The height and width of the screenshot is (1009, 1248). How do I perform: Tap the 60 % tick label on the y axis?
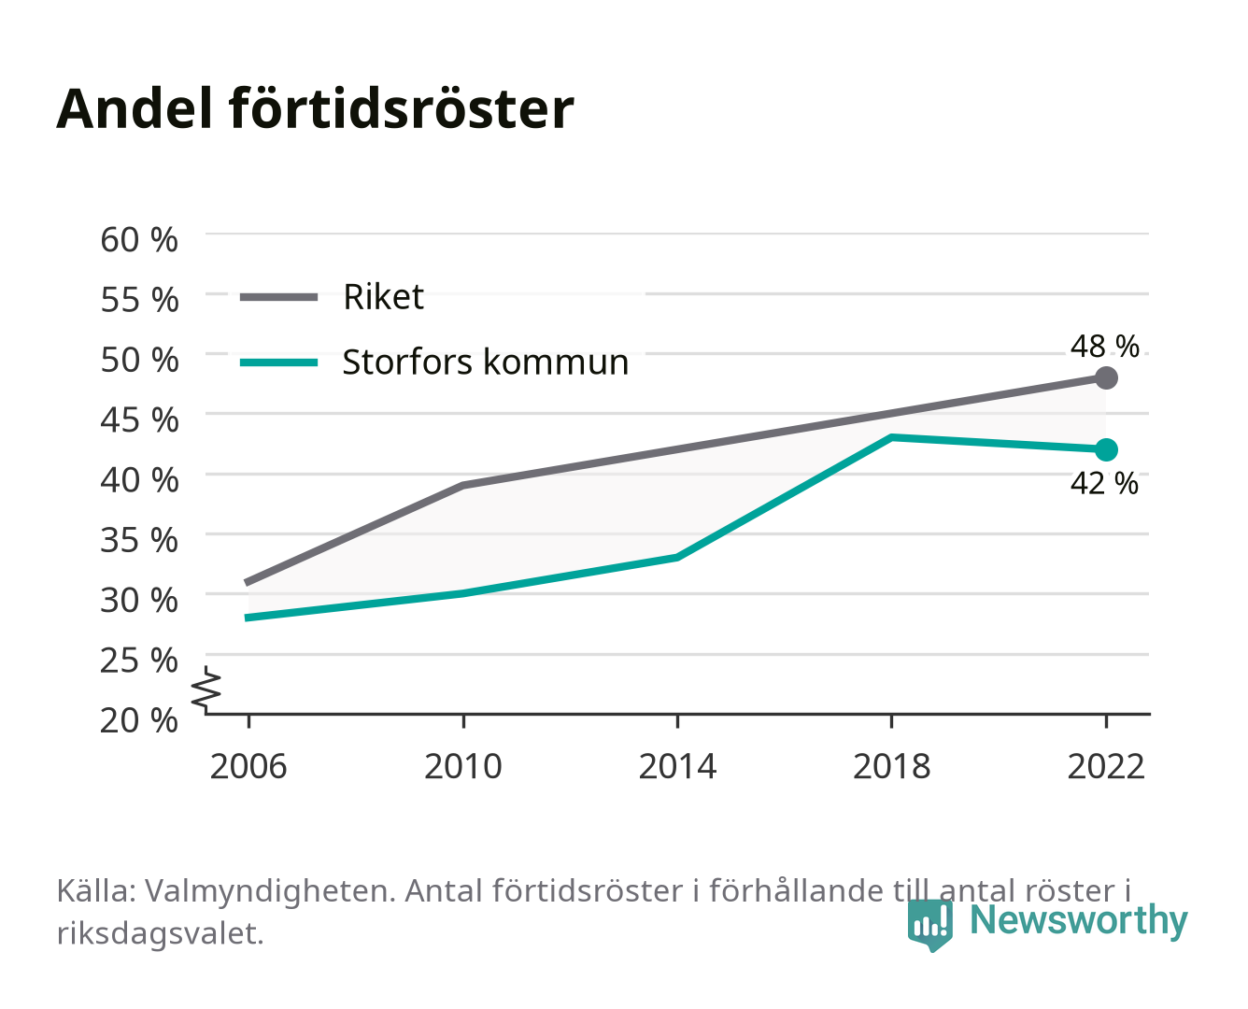(x=139, y=240)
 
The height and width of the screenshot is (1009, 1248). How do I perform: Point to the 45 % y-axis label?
(x=139, y=419)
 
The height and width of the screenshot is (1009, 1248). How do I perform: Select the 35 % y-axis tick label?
(x=139, y=540)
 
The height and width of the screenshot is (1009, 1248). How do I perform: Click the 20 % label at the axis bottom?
(x=139, y=720)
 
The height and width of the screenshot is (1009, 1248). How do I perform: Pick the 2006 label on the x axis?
(x=248, y=766)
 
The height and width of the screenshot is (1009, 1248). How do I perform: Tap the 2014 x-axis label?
(x=677, y=766)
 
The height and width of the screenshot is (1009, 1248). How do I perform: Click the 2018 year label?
(x=892, y=766)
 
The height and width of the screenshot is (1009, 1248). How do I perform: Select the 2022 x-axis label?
(x=1106, y=766)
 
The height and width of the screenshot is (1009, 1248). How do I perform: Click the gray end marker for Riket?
(x=1106, y=377)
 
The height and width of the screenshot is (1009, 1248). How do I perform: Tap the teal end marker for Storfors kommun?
(x=1106, y=449)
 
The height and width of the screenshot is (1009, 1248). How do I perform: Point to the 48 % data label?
(x=1104, y=346)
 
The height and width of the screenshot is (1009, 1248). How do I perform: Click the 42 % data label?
(x=1104, y=483)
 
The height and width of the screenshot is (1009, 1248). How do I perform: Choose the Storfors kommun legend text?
(x=486, y=362)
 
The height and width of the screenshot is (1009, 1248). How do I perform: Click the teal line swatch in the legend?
(x=279, y=362)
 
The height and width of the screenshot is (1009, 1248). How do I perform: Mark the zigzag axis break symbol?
(x=206, y=689)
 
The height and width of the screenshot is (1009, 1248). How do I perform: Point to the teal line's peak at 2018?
(x=892, y=437)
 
